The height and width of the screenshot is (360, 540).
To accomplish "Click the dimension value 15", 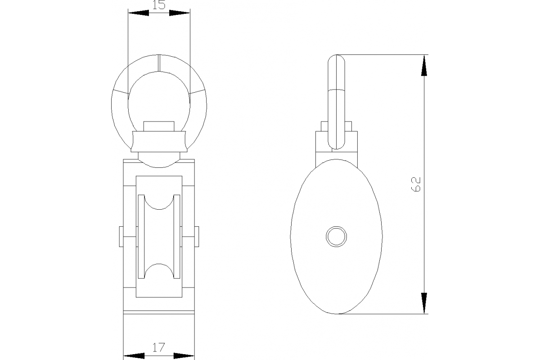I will tap(159, 5).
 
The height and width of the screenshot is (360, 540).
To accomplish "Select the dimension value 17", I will tap(158, 347).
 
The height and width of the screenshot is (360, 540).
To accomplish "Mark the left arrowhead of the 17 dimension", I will tap(134, 355).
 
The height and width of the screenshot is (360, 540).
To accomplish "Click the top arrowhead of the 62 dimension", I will tap(424, 66).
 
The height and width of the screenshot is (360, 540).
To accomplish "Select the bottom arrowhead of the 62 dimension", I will tap(424, 302).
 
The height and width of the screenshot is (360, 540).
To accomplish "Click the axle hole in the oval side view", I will tap(337, 236).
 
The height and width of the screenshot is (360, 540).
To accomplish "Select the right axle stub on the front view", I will tap(197, 237).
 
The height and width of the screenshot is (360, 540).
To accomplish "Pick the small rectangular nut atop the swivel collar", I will tap(159, 126).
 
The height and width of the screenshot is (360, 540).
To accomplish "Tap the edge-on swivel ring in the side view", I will tap(337, 101).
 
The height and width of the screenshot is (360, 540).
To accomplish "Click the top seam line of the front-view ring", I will tap(159, 63).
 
